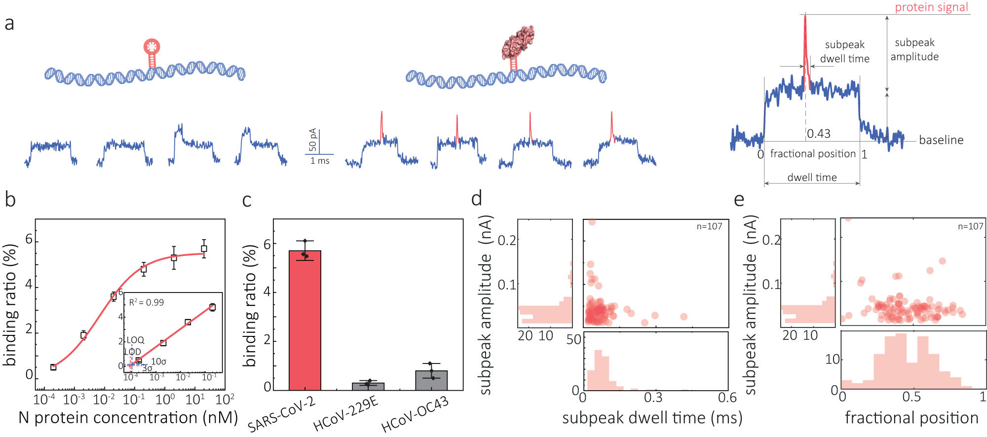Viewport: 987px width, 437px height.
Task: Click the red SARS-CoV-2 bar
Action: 304,321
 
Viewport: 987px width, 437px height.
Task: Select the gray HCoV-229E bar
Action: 368,386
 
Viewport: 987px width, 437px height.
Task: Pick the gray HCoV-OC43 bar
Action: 431,380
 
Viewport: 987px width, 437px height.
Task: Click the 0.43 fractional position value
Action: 819,134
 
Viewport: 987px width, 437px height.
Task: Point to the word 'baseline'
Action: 941,140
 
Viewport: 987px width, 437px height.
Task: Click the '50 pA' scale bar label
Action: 312,140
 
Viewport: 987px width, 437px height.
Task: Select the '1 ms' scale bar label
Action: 320,161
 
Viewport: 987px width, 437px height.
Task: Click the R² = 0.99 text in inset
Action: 146,302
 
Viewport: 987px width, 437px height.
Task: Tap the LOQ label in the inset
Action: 135,340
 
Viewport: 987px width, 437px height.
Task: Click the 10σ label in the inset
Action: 158,362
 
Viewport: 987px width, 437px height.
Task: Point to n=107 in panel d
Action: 709,226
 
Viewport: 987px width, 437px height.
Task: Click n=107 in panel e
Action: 970,226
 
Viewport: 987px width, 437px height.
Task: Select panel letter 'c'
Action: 247,200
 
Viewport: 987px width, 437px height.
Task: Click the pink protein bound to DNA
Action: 518,42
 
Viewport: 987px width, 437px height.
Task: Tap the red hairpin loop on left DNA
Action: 152,47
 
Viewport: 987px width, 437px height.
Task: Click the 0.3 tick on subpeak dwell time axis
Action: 653,398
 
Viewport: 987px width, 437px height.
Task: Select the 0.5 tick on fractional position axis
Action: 911,398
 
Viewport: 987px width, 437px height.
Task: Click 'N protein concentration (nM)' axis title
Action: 128,418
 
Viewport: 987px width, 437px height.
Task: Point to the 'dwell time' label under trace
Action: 812,178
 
